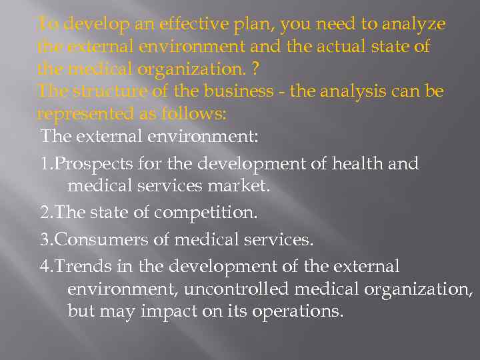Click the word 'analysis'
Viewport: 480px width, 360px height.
(x=351, y=91)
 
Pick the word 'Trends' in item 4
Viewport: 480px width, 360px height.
(x=78, y=267)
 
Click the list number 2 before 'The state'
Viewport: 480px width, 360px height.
(x=45, y=213)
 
